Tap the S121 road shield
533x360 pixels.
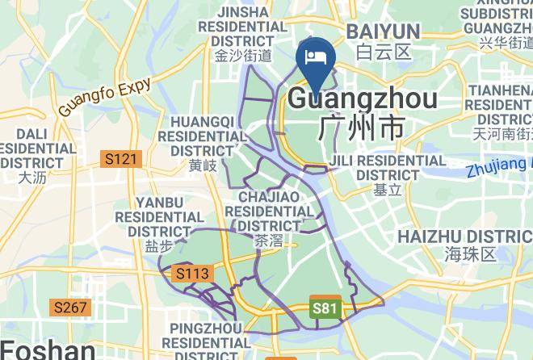coord(121,159)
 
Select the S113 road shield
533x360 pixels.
coord(192,274)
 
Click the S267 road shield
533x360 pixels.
coord(71,307)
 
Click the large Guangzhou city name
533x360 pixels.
coord(363,99)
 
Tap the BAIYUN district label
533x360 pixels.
coord(383,31)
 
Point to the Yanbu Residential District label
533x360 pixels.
coord(159,216)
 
